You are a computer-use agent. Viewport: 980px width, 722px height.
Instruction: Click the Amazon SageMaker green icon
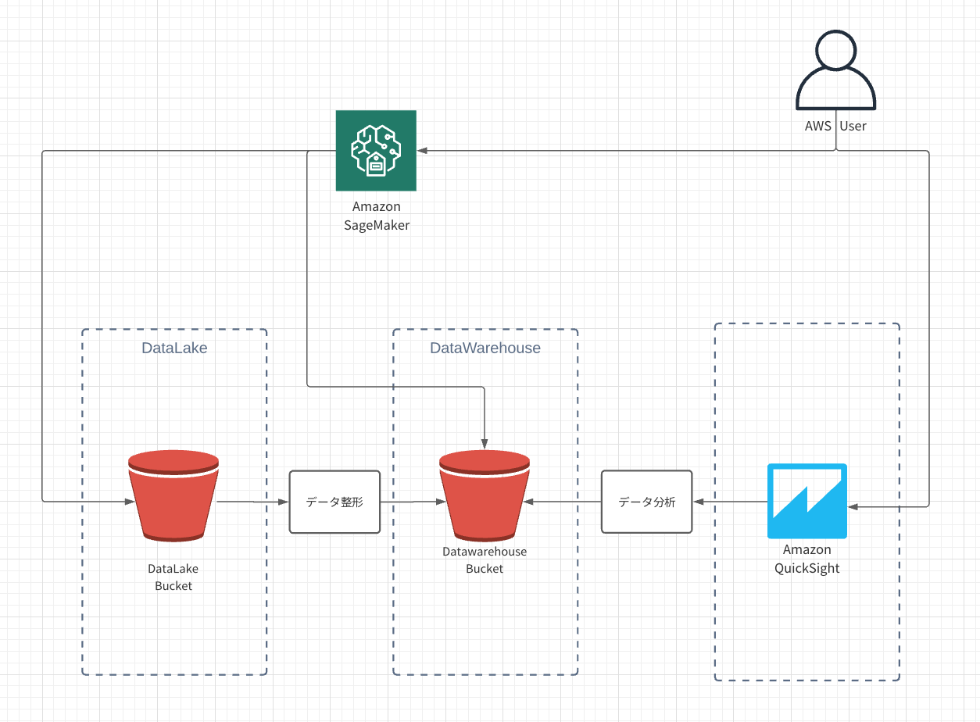click(x=376, y=151)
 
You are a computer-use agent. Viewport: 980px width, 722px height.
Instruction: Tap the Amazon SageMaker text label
click(x=376, y=216)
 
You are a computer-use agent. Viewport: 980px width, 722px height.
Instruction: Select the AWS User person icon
click(x=835, y=70)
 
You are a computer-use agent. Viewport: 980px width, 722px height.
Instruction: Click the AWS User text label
click(x=835, y=126)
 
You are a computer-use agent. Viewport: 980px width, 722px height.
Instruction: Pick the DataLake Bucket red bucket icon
click(x=173, y=495)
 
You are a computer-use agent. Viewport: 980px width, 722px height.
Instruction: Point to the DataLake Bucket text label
click(x=173, y=577)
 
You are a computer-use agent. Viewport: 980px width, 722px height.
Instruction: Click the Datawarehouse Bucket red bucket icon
click(x=485, y=495)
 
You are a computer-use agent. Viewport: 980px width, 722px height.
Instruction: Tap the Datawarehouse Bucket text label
click(x=485, y=560)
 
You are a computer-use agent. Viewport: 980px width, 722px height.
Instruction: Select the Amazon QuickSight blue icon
click(x=807, y=501)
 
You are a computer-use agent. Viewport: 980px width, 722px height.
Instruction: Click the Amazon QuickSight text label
click(x=807, y=559)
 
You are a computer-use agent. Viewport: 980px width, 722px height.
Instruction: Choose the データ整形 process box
click(x=334, y=502)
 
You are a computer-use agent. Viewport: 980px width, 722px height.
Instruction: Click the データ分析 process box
click(x=646, y=502)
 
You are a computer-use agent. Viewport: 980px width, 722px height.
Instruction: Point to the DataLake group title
click(x=174, y=348)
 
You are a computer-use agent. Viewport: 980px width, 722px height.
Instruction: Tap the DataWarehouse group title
click(x=485, y=348)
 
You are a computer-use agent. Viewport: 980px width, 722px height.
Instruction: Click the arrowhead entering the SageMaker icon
click(x=422, y=151)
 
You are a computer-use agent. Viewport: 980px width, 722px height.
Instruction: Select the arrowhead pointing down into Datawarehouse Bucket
click(x=485, y=443)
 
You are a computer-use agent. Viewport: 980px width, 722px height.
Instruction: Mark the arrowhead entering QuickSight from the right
click(x=853, y=507)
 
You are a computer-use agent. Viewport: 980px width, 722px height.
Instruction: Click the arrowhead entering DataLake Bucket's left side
click(x=130, y=502)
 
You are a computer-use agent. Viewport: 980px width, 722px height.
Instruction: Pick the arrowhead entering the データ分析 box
click(x=699, y=502)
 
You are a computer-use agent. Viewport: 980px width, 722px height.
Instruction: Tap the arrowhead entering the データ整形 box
click(x=284, y=502)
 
